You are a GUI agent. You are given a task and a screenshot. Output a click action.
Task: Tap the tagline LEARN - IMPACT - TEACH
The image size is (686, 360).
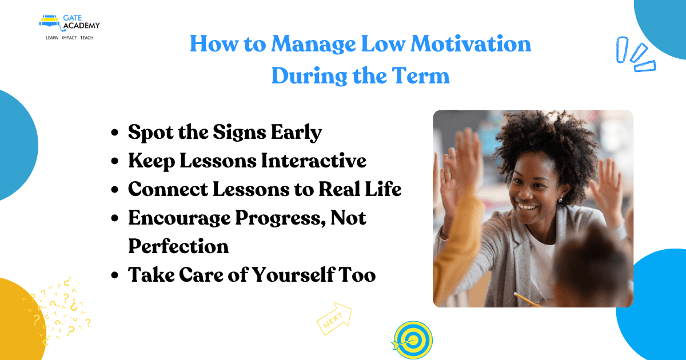69,38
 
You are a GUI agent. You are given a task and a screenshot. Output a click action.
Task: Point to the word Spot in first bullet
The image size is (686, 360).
149,133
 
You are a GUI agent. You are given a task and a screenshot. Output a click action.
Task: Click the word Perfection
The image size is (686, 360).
178,246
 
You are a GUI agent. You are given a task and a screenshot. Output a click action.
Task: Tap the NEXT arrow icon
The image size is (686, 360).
334,318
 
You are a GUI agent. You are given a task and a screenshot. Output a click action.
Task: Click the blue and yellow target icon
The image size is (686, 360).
412,340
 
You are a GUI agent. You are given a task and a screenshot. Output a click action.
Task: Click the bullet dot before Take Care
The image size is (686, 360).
115,275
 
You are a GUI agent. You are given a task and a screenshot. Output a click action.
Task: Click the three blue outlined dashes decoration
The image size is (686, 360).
636,55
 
